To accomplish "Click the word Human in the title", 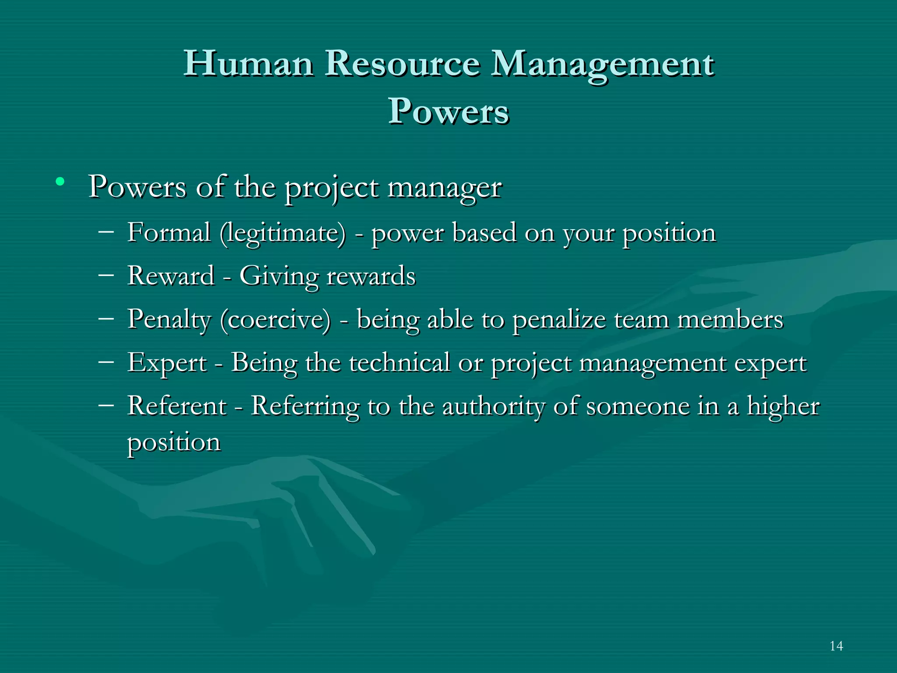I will click(x=248, y=64).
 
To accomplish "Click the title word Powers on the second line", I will click(x=448, y=111).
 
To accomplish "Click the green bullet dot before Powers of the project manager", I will click(x=60, y=181).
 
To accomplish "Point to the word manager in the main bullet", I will click(x=445, y=188).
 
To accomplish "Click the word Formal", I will click(x=169, y=232).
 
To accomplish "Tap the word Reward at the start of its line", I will click(x=171, y=276).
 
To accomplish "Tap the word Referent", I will click(x=177, y=406).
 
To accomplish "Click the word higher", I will click(x=783, y=407).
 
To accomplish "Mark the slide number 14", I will click(x=836, y=646).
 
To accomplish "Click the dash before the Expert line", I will click(x=106, y=361).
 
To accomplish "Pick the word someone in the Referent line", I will click(x=637, y=407).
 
